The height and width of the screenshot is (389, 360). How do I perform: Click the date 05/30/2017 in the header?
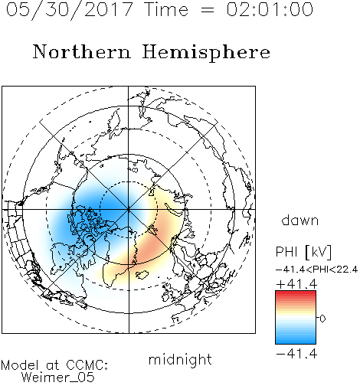70,10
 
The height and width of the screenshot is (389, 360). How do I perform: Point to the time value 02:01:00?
270,9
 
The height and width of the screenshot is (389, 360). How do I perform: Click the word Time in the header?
166,9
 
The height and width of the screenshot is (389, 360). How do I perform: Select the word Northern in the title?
82,51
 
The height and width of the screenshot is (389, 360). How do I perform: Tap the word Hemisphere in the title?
206,53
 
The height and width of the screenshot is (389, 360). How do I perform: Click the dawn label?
300,220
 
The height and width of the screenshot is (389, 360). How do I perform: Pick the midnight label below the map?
180,360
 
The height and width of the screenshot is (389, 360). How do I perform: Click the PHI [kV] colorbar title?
303,252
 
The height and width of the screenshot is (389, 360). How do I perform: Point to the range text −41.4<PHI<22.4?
316,270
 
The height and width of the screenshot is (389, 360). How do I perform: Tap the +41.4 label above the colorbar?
296,284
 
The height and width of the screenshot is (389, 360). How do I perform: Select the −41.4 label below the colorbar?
296,354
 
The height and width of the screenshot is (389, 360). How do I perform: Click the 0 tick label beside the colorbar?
322,319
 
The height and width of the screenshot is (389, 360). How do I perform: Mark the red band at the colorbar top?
296,294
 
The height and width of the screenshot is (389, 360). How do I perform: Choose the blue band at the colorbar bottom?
296,340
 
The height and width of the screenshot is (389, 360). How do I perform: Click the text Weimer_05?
58,378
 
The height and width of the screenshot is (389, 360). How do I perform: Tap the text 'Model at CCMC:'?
54,365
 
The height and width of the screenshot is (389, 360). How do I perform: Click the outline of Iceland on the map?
142,275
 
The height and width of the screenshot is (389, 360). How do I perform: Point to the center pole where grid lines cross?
129,210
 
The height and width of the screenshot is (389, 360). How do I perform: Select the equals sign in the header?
208,10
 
